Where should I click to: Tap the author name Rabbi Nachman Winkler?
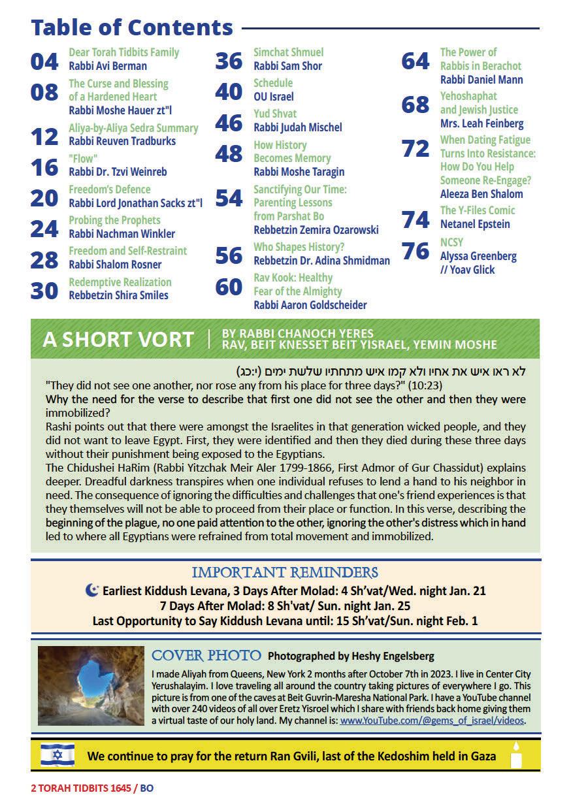122,234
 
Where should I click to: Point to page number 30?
44,290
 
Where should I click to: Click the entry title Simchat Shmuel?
288,52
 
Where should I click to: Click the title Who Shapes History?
299,247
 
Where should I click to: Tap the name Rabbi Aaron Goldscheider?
310,305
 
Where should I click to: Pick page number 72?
416,148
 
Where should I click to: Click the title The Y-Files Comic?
477,210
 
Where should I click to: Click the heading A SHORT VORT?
118,340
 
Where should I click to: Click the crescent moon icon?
92,591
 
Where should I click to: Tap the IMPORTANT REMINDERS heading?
285,573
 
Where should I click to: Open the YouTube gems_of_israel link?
432,721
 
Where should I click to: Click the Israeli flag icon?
57,756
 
